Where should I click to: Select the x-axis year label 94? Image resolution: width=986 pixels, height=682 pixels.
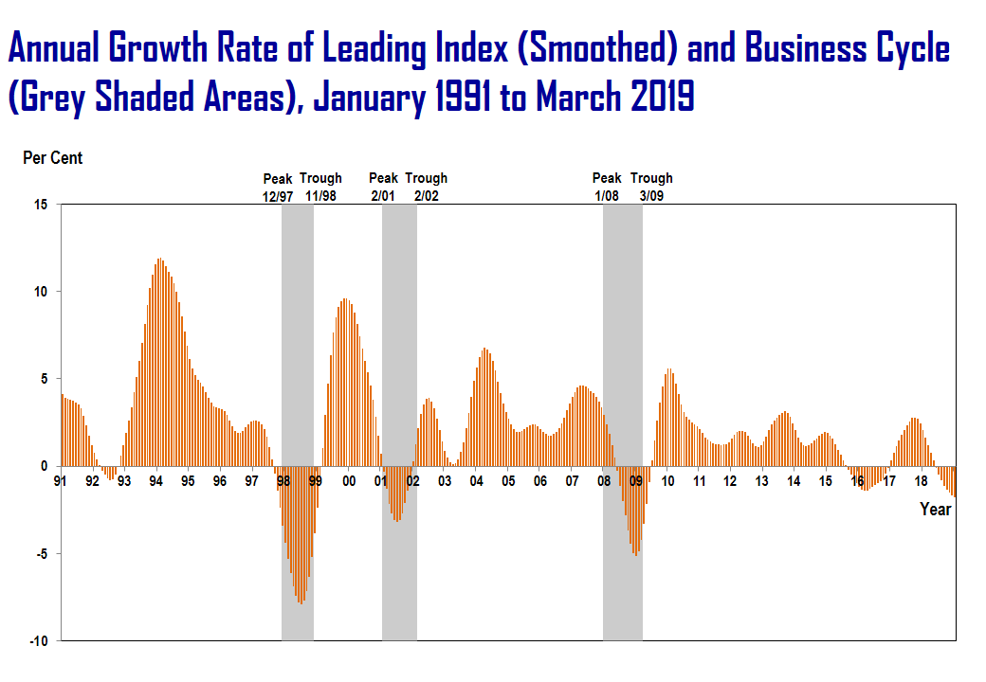coord(155,481)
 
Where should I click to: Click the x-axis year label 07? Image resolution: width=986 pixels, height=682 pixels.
coord(573,481)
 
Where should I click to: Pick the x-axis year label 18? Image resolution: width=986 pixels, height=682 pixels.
coord(921,481)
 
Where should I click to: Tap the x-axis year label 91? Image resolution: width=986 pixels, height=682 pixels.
coord(61,481)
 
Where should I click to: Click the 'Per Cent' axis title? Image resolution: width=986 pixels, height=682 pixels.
coord(52,158)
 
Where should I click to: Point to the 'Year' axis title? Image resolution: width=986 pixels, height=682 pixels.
coord(935,510)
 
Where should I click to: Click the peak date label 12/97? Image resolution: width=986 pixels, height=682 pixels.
coord(278,195)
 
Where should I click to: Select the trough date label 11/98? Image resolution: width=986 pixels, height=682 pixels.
coord(321,195)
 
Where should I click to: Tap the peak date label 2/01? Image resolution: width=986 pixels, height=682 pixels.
coord(383,195)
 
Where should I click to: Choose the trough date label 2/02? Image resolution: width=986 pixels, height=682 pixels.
coord(426,195)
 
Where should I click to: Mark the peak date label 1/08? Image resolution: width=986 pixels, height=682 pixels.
coord(607,195)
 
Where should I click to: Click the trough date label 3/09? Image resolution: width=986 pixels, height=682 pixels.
coord(651,195)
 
